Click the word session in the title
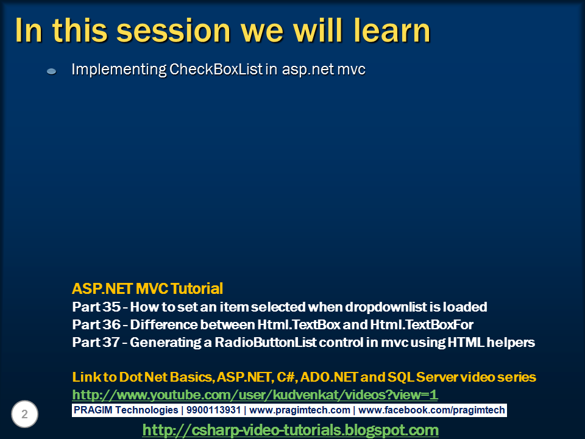point(174,30)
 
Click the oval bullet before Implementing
point(51,71)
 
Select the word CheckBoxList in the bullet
point(216,70)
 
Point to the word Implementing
point(119,70)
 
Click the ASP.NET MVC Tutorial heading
point(147,288)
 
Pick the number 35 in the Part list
point(111,307)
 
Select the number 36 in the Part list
point(111,324)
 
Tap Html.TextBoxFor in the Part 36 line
point(422,324)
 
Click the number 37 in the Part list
point(111,342)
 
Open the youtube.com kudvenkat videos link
point(255,395)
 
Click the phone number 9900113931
point(213,410)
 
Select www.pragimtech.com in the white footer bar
point(300,410)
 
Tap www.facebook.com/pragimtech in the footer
point(431,410)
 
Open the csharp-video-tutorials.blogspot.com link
point(290,430)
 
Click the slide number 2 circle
point(24,414)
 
